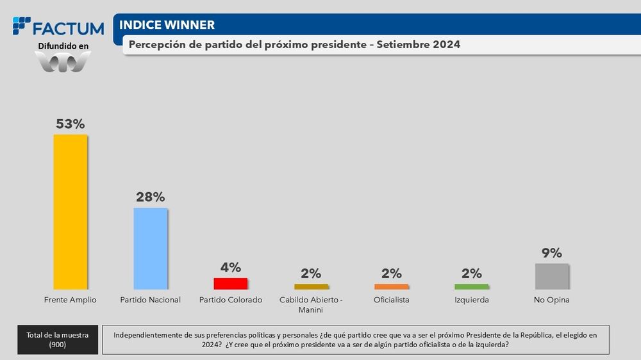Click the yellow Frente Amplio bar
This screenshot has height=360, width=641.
pyautogui.click(x=70, y=211)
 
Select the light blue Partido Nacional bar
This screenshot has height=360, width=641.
pyautogui.click(x=150, y=249)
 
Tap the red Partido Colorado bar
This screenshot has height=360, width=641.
pyautogui.click(x=230, y=283)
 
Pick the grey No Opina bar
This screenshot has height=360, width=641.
pyautogui.click(x=552, y=276)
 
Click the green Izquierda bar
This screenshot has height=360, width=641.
pyautogui.click(x=471, y=286)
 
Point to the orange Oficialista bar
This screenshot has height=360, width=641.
pyautogui.click(x=391, y=286)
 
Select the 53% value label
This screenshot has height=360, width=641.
pyautogui.click(x=70, y=124)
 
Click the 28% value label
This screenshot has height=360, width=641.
pyautogui.click(x=151, y=197)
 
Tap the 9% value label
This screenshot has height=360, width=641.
pyautogui.click(x=552, y=252)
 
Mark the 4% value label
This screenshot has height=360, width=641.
pyautogui.click(x=231, y=267)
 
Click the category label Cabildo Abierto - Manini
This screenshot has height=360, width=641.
pyautogui.click(x=311, y=304)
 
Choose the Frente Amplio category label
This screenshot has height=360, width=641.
pyautogui.click(x=70, y=300)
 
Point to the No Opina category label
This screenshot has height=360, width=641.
pyautogui.click(x=552, y=300)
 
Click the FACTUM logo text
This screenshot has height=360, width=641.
pyautogui.click(x=67, y=28)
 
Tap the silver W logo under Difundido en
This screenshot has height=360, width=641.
pyautogui.click(x=62, y=62)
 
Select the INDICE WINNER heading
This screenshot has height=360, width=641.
pyautogui.click(x=167, y=25)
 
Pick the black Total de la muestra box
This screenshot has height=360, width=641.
pyautogui.click(x=58, y=340)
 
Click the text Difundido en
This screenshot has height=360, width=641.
pyautogui.click(x=62, y=46)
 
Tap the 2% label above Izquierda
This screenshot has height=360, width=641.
pyautogui.click(x=471, y=274)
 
